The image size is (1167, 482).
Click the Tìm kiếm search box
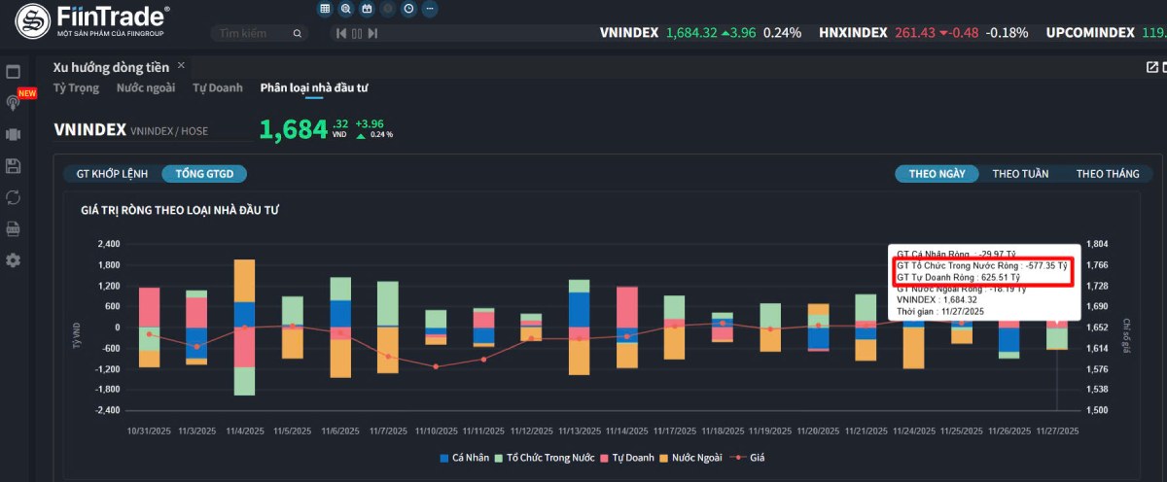pos(258,33)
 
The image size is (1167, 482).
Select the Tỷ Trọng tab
pos(76,88)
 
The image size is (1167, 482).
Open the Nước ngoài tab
pos(146,88)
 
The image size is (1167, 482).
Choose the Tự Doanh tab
pos(218,88)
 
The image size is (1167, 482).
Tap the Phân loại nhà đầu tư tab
pos(314,88)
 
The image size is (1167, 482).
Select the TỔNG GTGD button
pos(204,174)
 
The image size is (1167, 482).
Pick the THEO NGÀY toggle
pos(937,174)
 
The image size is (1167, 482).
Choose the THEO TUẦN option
pos(1020,174)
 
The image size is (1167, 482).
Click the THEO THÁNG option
pos(1108,174)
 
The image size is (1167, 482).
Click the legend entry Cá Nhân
pos(464,457)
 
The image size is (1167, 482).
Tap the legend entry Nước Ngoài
pos(690,457)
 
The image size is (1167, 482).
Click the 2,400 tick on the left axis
pos(107,244)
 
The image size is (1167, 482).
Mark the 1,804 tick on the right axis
pos(1097,244)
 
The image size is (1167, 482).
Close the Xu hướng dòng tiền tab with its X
pos(181,65)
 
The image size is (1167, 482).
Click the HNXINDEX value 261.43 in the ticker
pos(915,32)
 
